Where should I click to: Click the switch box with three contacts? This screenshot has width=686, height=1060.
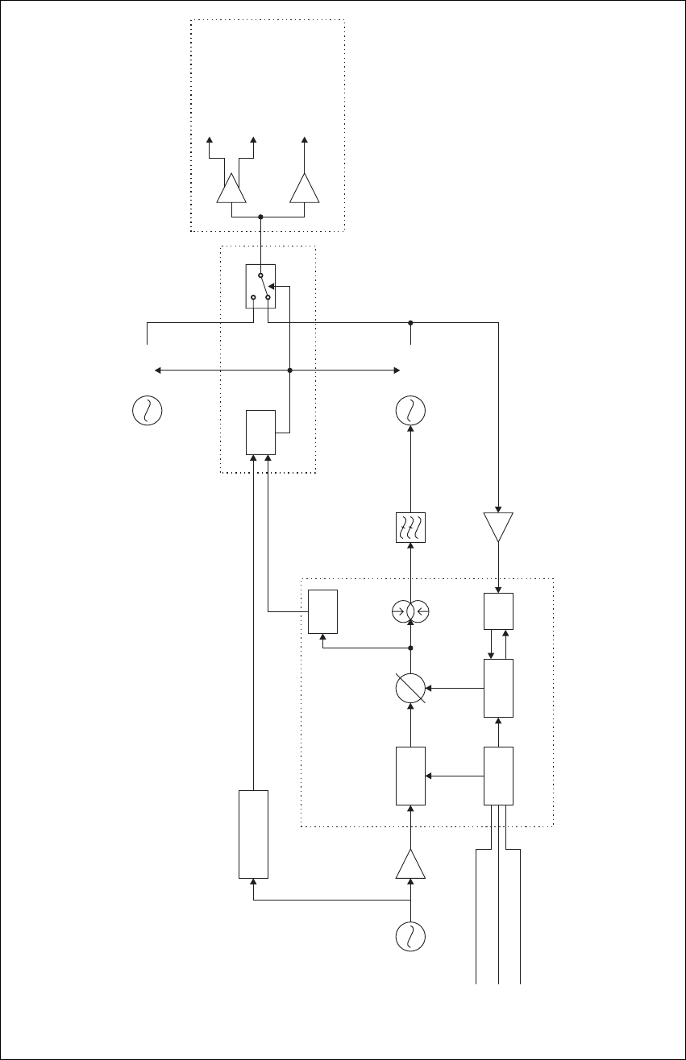(260, 286)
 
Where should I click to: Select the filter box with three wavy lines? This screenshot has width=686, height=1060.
(411, 528)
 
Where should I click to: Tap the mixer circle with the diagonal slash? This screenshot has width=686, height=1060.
(411, 689)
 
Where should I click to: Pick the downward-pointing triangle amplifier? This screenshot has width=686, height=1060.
(499, 526)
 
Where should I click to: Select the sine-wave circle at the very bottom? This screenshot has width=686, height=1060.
(411, 937)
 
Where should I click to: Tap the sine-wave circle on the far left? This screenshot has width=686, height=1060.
(147, 411)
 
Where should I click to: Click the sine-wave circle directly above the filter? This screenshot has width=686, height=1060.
(411, 411)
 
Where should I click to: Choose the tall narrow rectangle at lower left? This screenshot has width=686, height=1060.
(253, 834)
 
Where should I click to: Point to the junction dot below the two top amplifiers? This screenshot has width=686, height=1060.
(260, 217)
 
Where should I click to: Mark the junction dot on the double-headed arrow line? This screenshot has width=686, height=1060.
(289, 371)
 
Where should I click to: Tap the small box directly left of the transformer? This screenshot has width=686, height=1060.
(322, 612)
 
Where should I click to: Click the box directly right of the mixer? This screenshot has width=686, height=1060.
(498, 688)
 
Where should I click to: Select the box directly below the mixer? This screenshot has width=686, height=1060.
(411, 776)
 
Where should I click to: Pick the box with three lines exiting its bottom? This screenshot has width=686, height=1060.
(498, 776)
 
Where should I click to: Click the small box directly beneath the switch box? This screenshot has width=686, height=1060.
(260, 432)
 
